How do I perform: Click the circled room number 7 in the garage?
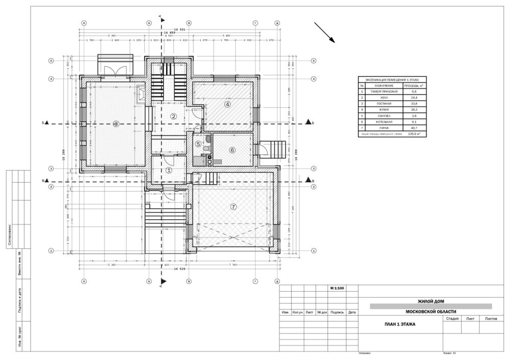(x=234, y=207)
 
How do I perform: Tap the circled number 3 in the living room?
(x=116, y=123)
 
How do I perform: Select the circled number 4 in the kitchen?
(x=227, y=104)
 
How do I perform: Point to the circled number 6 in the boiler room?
(x=232, y=150)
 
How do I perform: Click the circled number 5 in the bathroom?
(x=198, y=144)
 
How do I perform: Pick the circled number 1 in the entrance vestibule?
(x=169, y=170)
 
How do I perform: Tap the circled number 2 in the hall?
(x=173, y=117)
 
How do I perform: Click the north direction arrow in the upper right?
(x=324, y=32)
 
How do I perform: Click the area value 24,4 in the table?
(x=416, y=97)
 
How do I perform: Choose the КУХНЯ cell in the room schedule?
(x=384, y=109)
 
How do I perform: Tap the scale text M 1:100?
(x=337, y=289)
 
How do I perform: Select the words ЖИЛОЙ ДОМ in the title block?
(x=430, y=301)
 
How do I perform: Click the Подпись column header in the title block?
(x=337, y=312)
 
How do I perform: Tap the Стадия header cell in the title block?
(x=452, y=318)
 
